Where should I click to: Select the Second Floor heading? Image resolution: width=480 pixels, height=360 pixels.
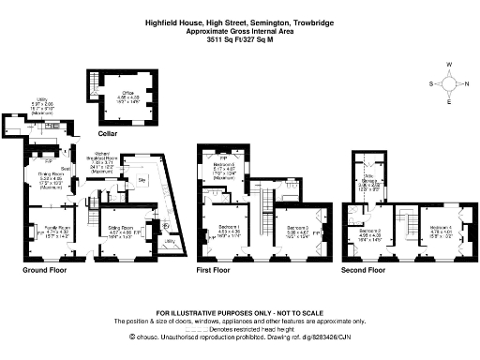click(x=363, y=270)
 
